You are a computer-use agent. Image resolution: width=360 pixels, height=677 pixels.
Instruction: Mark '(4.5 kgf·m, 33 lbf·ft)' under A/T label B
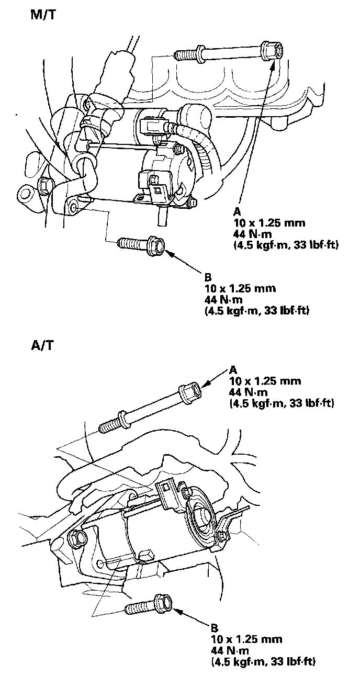tap(263, 662)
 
